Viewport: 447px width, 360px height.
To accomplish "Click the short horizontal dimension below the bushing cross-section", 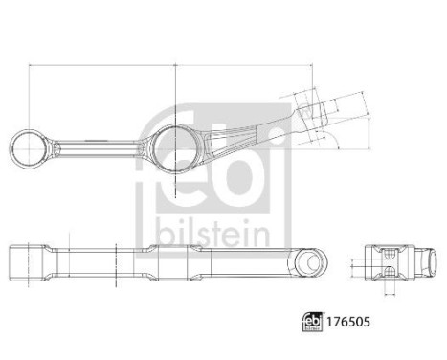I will pyautogui.click(x=388, y=297).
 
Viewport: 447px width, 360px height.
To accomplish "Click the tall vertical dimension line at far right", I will pyautogui.click(x=369, y=120).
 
